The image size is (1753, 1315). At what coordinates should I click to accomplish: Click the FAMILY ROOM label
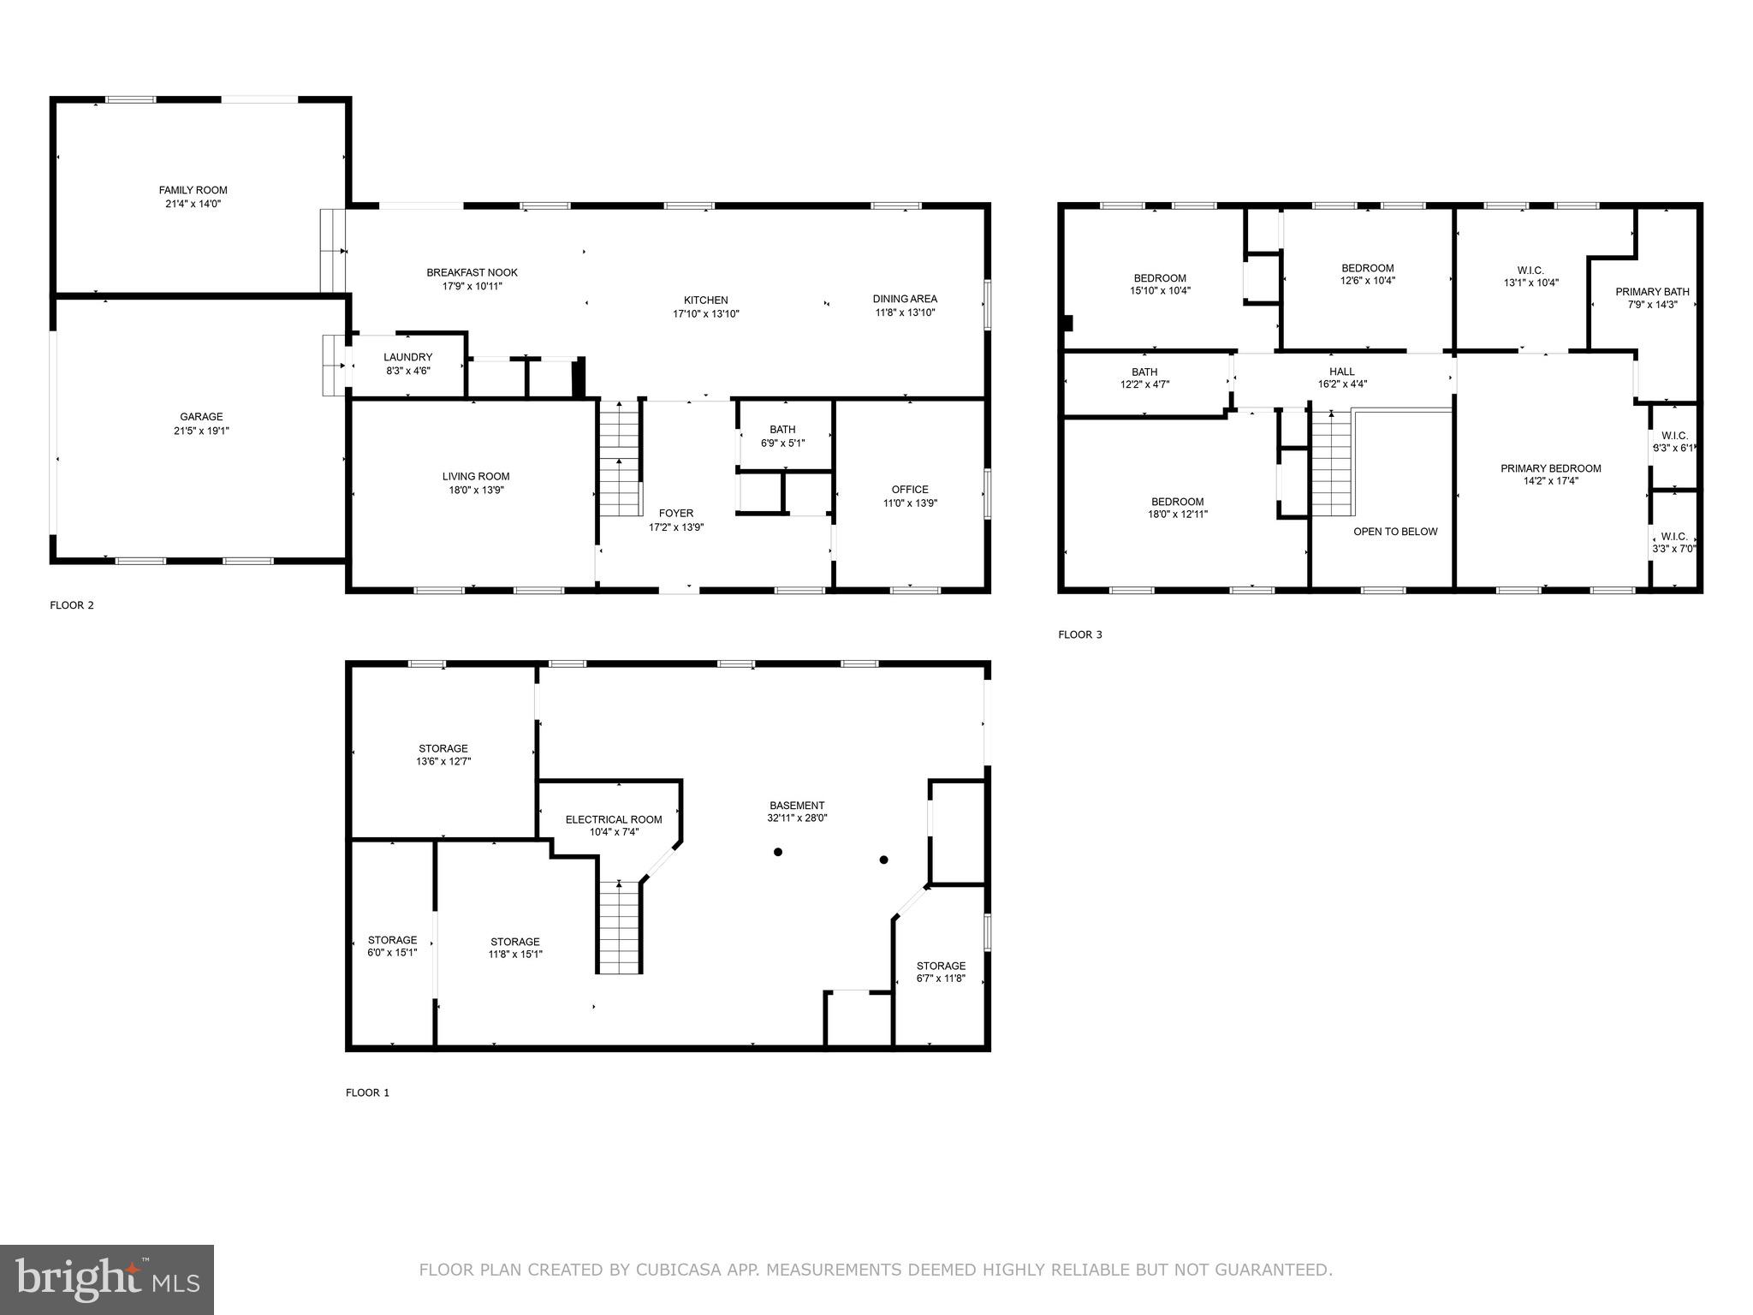click(193, 190)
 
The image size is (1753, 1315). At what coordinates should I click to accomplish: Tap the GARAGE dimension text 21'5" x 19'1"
click(201, 431)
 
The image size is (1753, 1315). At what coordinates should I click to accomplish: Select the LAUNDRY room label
click(407, 357)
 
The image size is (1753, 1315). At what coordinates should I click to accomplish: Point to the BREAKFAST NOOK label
click(472, 272)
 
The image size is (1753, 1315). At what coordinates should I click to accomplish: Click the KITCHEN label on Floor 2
click(705, 300)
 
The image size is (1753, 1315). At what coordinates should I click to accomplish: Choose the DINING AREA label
click(904, 299)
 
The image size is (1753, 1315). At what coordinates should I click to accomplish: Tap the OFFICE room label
click(910, 490)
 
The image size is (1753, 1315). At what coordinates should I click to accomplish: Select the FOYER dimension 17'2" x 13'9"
click(675, 527)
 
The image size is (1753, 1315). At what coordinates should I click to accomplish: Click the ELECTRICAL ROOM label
click(613, 819)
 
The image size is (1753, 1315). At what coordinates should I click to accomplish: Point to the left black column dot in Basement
click(778, 852)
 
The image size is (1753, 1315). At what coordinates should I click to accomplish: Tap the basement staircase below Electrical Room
click(619, 929)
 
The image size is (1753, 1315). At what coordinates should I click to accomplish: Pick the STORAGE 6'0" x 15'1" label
click(392, 940)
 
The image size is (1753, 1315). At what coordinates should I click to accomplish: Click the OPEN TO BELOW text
click(1395, 532)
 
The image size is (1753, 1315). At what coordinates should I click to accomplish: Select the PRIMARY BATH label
click(1652, 291)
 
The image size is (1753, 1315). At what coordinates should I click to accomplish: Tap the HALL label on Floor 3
click(1341, 371)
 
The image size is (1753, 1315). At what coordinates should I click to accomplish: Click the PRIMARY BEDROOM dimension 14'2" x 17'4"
click(1550, 481)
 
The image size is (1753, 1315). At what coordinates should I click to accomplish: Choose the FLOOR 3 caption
click(1079, 634)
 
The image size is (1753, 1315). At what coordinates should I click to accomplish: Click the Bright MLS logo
click(106, 1279)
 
